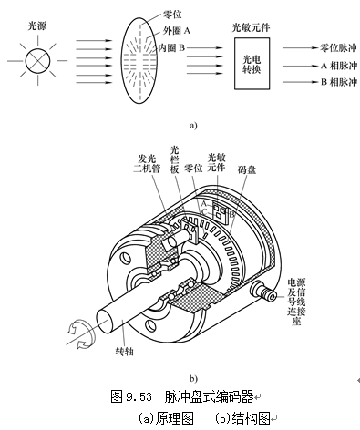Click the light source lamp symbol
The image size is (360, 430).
point(37,60)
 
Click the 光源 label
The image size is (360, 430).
point(37,26)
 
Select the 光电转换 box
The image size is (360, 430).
point(252,64)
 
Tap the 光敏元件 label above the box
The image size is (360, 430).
point(251,28)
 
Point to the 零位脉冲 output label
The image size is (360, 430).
point(338,47)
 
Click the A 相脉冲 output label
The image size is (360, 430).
point(339,66)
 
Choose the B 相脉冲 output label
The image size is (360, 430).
point(339,82)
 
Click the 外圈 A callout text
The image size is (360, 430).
point(177,30)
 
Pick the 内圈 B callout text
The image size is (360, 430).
point(171,47)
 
